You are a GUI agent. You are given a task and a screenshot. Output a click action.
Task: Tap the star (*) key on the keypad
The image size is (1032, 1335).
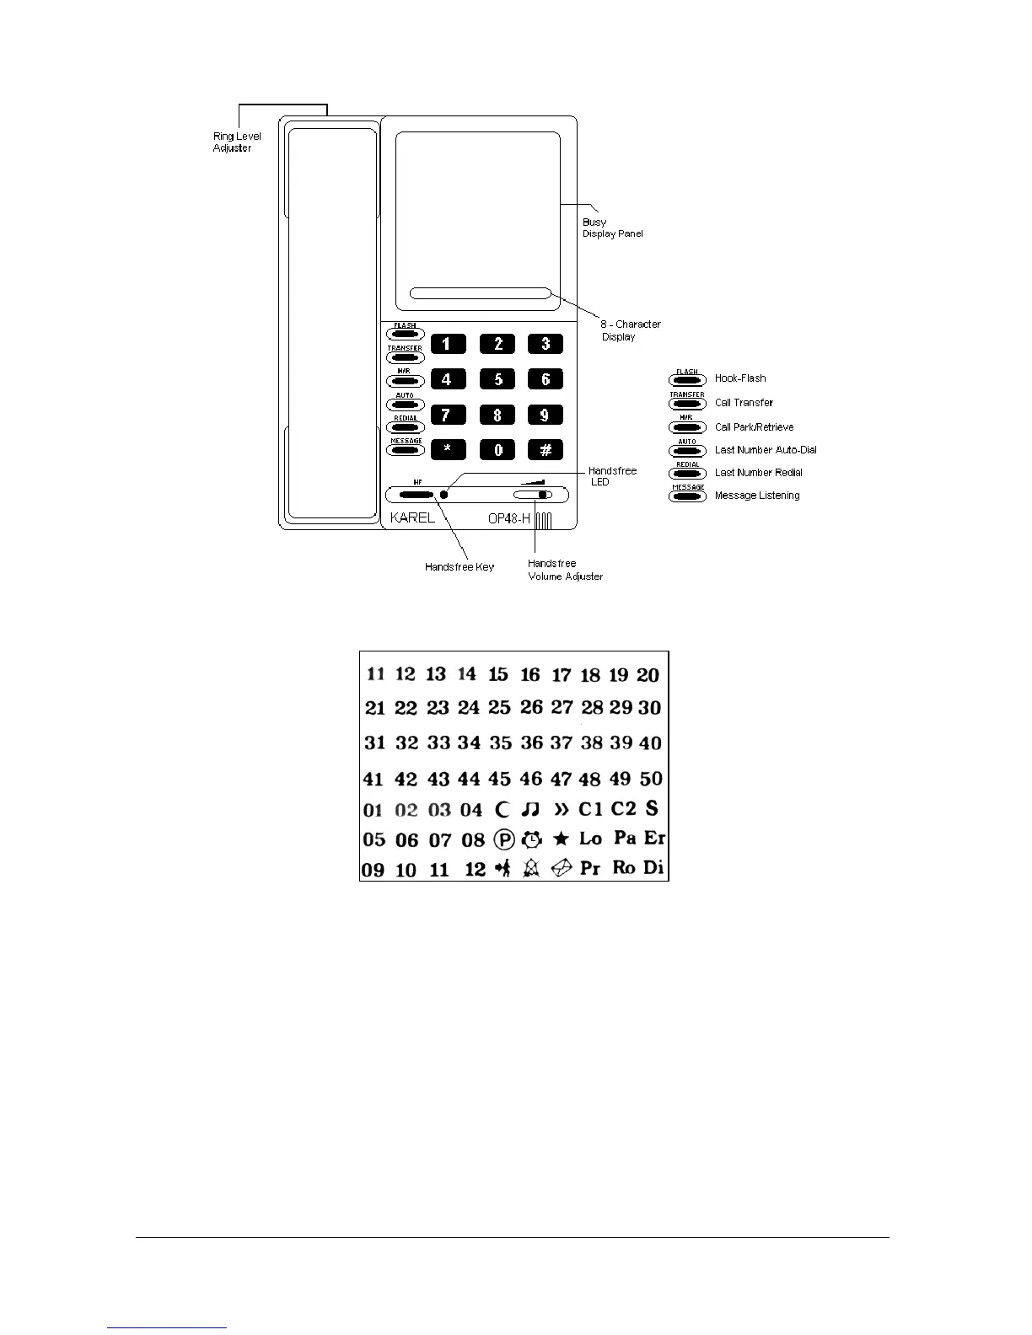click(x=448, y=449)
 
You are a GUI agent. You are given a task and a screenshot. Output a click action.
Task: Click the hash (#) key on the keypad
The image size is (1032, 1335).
click(x=546, y=449)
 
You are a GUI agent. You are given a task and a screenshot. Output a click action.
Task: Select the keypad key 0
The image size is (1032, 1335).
click(x=497, y=449)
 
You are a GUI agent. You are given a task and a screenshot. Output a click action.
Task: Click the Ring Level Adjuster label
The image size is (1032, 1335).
click(x=237, y=142)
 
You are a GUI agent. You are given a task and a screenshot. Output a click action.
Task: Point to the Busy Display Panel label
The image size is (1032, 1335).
click(x=612, y=228)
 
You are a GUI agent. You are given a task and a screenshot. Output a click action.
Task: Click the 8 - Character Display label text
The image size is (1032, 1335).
click(x=630, y=330)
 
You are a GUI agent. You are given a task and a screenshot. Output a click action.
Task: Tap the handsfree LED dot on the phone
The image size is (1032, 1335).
click(x=443, y=495)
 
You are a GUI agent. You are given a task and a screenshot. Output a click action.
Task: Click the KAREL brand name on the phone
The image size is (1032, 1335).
click(x=412, y=517)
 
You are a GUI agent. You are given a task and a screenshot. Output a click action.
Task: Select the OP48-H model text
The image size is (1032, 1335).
click(x=509, y=518)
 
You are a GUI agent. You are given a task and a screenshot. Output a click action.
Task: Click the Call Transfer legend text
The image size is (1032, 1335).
click(x=744, y=403)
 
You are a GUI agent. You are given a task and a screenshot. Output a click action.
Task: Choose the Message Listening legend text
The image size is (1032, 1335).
click(x=757, y=496)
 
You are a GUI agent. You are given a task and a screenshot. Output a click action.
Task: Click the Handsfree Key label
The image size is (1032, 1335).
click(x=460, y=567)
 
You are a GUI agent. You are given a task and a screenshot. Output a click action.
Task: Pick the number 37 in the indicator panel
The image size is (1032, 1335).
click(x=561, y=743)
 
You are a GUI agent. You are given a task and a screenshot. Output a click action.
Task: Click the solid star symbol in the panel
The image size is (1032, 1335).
click(x=561, y=839)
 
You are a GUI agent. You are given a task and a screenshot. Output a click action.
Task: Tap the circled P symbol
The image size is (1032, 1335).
click(x=504, y=839)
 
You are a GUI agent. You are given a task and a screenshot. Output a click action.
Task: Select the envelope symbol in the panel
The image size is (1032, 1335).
click(x=562, y=868)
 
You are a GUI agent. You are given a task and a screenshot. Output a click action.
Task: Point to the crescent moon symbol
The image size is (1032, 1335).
click(x=503, y=810)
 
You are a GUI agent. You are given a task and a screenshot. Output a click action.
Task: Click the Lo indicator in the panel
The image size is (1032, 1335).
click(x=590, y=839)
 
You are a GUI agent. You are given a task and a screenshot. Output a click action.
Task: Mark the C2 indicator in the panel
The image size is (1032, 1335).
click(x=623, y=808)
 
